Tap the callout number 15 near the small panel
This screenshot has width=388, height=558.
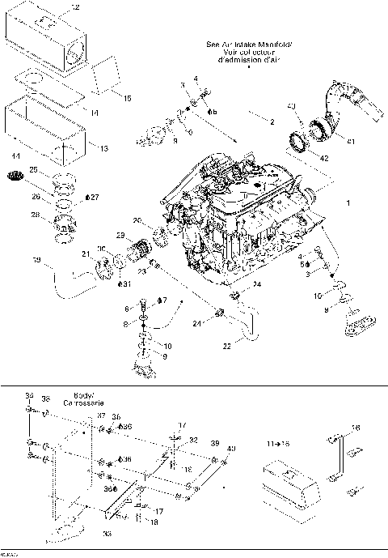click(127, 98)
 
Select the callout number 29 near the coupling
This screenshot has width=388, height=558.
click(120, 235)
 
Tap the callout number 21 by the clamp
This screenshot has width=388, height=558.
click(86, 255)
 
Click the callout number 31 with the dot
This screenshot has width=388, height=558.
click(124, 284)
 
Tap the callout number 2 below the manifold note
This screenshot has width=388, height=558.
click(272, 121)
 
